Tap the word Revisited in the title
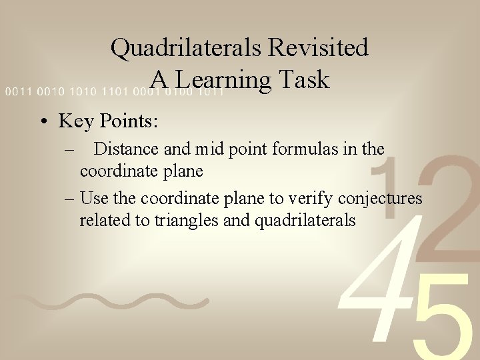click(323, 48)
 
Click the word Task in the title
click(305, 80)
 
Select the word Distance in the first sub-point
click(128, 149)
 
